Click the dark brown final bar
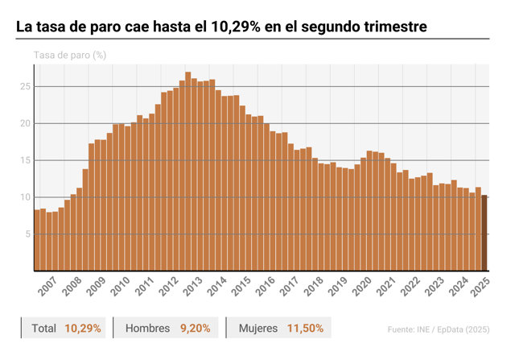[x=484, y=233]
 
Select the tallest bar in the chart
[x=187, y=172]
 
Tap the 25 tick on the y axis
[x=25, y=87]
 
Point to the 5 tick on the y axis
[x=27, y=234]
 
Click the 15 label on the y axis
[x=25, y=160]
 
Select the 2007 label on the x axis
[x=47, y=287]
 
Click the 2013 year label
[x=192, y=287]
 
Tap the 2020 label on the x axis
[x=361, y=287]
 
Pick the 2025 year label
[x=480, y=287]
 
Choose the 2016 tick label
[x=265, y=287]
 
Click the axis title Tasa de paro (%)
[x=70, y=56]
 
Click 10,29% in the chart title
[x=236, y=27]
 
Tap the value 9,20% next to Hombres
[x=195, y=328]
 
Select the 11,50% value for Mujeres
[x=305, y=328]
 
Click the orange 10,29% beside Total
[x=83, y=328]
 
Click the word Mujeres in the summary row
[x=258, y=328]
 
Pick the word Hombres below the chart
[x=147, y=328]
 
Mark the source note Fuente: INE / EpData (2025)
[x=439, y=329]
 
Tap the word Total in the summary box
[x=43, y=328]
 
